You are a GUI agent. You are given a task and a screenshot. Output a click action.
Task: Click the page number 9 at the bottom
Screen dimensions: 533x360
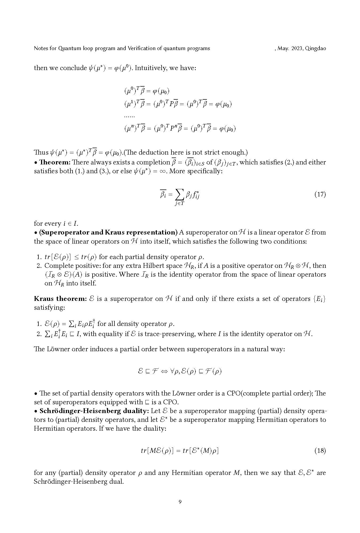click(x=180, y=502)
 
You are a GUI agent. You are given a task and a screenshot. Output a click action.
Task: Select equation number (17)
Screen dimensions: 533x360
click(x=320, y=194)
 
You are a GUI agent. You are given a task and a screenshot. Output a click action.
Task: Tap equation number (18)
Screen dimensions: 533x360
click(x=320, y=451)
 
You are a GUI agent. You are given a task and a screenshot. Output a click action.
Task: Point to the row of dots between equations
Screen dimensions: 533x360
click(x=129, y=116)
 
